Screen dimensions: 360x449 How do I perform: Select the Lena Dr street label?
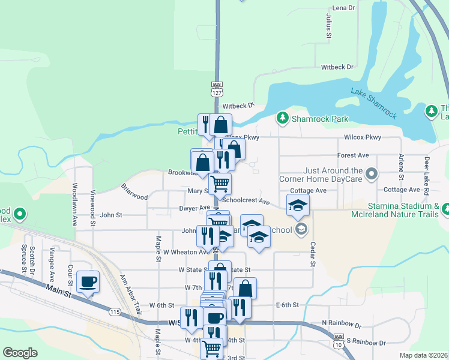coord(343,8)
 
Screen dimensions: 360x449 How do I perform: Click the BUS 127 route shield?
coord(217,89)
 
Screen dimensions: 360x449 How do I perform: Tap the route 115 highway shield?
coord(115,311)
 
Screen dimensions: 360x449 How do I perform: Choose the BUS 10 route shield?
coord(339,340)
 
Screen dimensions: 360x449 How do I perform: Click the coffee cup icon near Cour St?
coord(88,282)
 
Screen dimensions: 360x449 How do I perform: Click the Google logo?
coord(20,353)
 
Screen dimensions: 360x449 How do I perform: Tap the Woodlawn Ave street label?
coord(76,204)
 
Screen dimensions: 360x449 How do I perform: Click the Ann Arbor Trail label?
coord(130,294)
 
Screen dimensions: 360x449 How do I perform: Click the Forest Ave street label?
coord(353,155)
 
